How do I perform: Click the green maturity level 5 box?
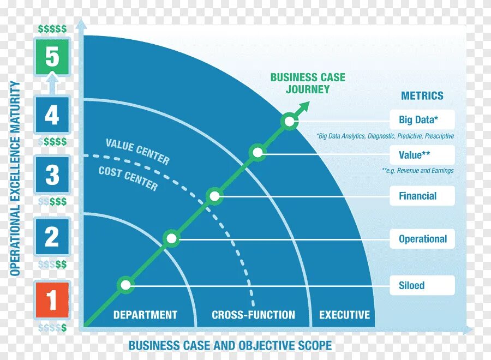52,57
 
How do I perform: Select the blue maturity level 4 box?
52,115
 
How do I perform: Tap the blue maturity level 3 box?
52,175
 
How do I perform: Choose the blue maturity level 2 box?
52,237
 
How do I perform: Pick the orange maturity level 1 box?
52,300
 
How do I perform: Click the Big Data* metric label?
422,120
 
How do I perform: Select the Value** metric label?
422,155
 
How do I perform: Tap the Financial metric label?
422,196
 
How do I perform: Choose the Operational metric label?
422,239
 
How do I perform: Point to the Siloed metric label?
422,285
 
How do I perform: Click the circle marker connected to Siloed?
126,285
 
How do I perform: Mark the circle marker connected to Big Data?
289,121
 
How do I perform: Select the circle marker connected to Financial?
215,196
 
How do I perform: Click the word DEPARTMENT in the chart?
145,315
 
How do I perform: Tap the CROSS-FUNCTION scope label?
253,315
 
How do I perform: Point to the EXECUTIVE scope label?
344,315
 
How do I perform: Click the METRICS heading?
422,96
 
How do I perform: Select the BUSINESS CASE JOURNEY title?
308,83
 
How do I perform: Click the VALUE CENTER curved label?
137,151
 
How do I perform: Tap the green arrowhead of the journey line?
304,105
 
